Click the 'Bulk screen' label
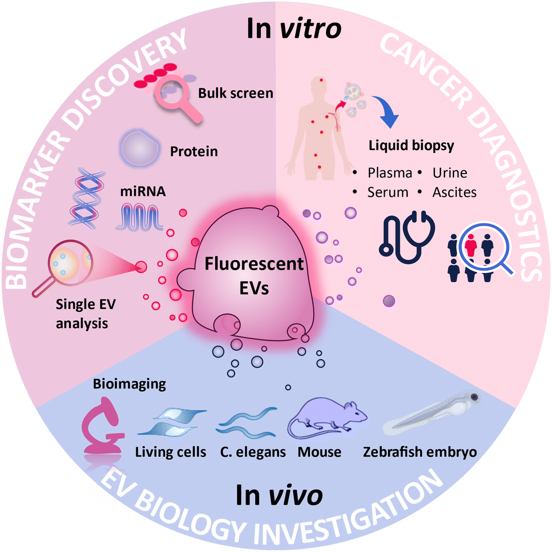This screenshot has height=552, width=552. pyautogui.click(x=235, y=92)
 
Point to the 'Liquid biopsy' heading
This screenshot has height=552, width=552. pyautogui.click(x=411, y=145)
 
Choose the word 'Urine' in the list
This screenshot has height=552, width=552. pyautogui.click(x=449, y=172)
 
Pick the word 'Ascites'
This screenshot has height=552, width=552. pyautogui.click(x=454, y=192)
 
